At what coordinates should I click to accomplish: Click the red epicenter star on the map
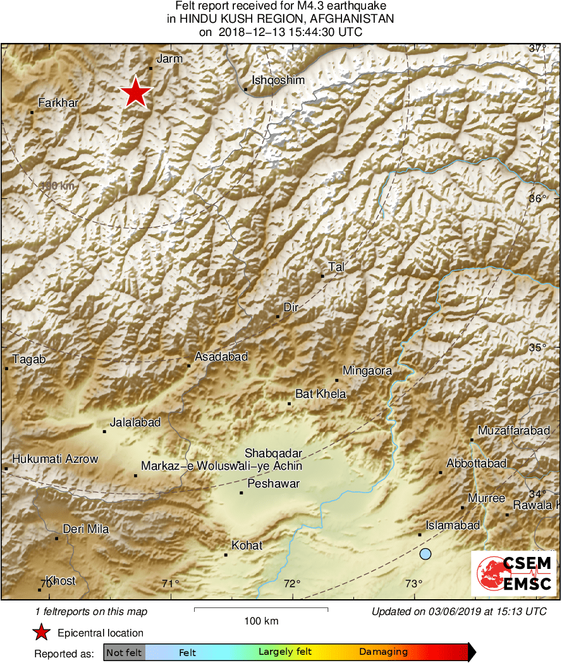[x=135, y=93]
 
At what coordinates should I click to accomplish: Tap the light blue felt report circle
[x=425, y=554]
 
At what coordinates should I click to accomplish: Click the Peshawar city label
[x=273, y=484]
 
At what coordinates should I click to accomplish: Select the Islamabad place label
[x=453, y=525]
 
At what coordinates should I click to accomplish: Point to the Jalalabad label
[x=135, y=422]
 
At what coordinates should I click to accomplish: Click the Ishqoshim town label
[x=278, y=80]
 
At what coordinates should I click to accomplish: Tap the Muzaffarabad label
[x=513, y=431]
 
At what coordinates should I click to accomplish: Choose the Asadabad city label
[x=221, y=357]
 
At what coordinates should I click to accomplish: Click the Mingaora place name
[x=367, y=371]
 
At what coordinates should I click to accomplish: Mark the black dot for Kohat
[x=226, y=555]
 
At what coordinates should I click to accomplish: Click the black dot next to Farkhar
[x=32, y=112]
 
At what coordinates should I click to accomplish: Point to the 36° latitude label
[x=537, y=198]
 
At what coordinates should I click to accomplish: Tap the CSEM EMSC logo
[x=513, y=573]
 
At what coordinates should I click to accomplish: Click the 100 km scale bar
[x=260, y=609]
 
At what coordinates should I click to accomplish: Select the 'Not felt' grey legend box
[x=124, y=652]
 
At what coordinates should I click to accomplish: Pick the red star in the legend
[x=41, y=633]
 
